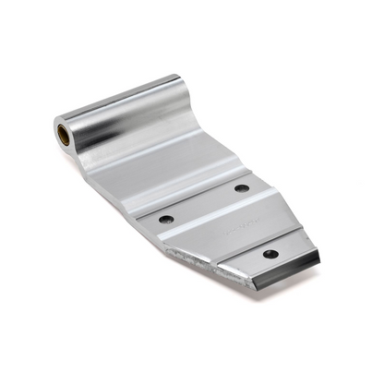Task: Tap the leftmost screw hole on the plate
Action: click(x=166, y=220)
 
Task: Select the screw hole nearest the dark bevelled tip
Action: click(x=270, y=253)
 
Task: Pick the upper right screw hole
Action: click(x=242, y=188)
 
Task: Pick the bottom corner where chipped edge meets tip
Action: click(x=222, y=277)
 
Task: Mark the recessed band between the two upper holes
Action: click(x=203, y=205)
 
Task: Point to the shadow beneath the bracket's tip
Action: click(x=277, y=294)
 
